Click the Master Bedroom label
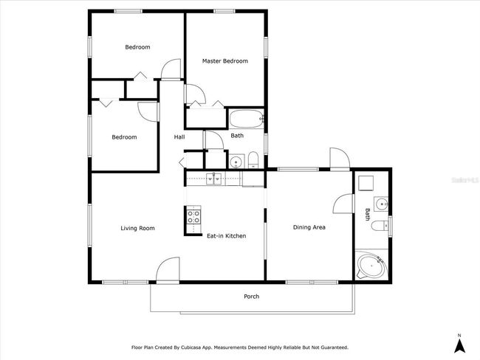tap(225, 61)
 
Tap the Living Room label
tap(137, 228)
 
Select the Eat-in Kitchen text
tap(227, 236)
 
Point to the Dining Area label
tap(309, 227)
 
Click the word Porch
tap(252, 297)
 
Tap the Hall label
tap(179, 137)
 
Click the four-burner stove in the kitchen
tap(193, 216)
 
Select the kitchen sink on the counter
tap(213, 179)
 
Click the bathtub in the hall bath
tap(247, 119)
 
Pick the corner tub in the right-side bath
tap(371, 265)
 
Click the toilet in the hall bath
tap(253, 159)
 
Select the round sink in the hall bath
tap(236, 161)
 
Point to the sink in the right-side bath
tap(381, 204)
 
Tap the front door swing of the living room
tap(168, 269)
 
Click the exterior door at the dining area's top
tap(340, 159)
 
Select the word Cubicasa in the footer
tap(191, 347)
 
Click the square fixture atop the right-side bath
tap(366, 183)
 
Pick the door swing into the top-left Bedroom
tap(171, 69)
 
